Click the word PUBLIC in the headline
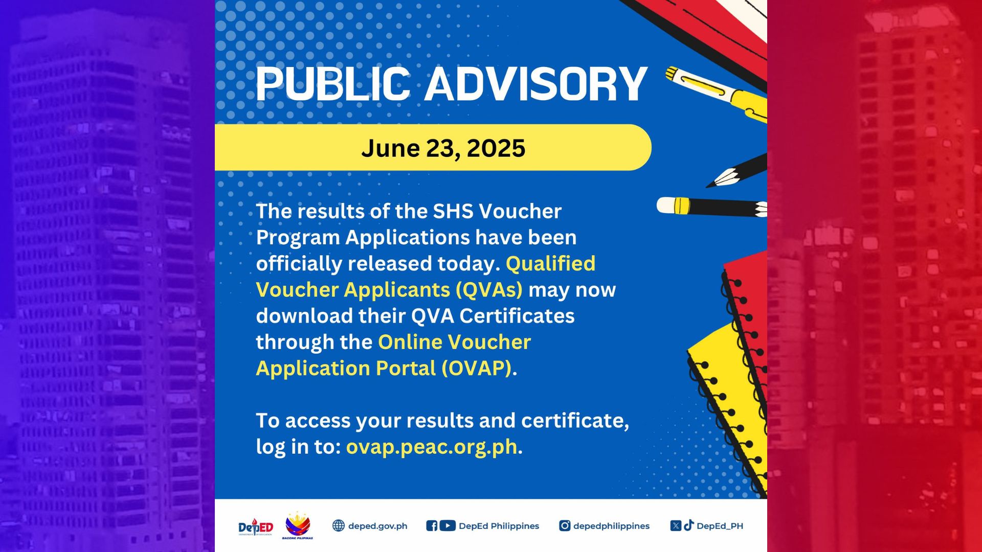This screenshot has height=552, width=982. click(x=332, y=84)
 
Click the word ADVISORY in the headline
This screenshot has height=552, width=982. click(x=536, y=84)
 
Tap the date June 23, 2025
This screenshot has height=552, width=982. click(x=443, y=148)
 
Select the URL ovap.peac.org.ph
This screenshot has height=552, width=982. click(x=432, y=447)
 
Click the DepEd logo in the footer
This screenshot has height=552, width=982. click(x=256, y=526)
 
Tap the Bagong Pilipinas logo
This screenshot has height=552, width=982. click(x=298, y=525)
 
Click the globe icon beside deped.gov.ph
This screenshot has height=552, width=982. click(x=339, y=525)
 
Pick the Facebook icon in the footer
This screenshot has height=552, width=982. click(x=432, y=525)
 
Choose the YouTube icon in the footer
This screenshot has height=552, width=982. click(x=448, y=525)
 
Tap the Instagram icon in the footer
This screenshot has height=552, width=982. click(x=565, y=525)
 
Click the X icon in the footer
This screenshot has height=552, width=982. click(x=676, y=525)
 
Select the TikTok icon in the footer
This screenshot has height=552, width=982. click(x=689, y=525)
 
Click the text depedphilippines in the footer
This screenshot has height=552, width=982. click(x=611, y=526)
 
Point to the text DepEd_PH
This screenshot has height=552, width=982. click(x=720, y=526)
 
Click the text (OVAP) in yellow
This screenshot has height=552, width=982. click(x=477, y=369)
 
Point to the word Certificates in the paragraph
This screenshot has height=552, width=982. click(x=517, y=316)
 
